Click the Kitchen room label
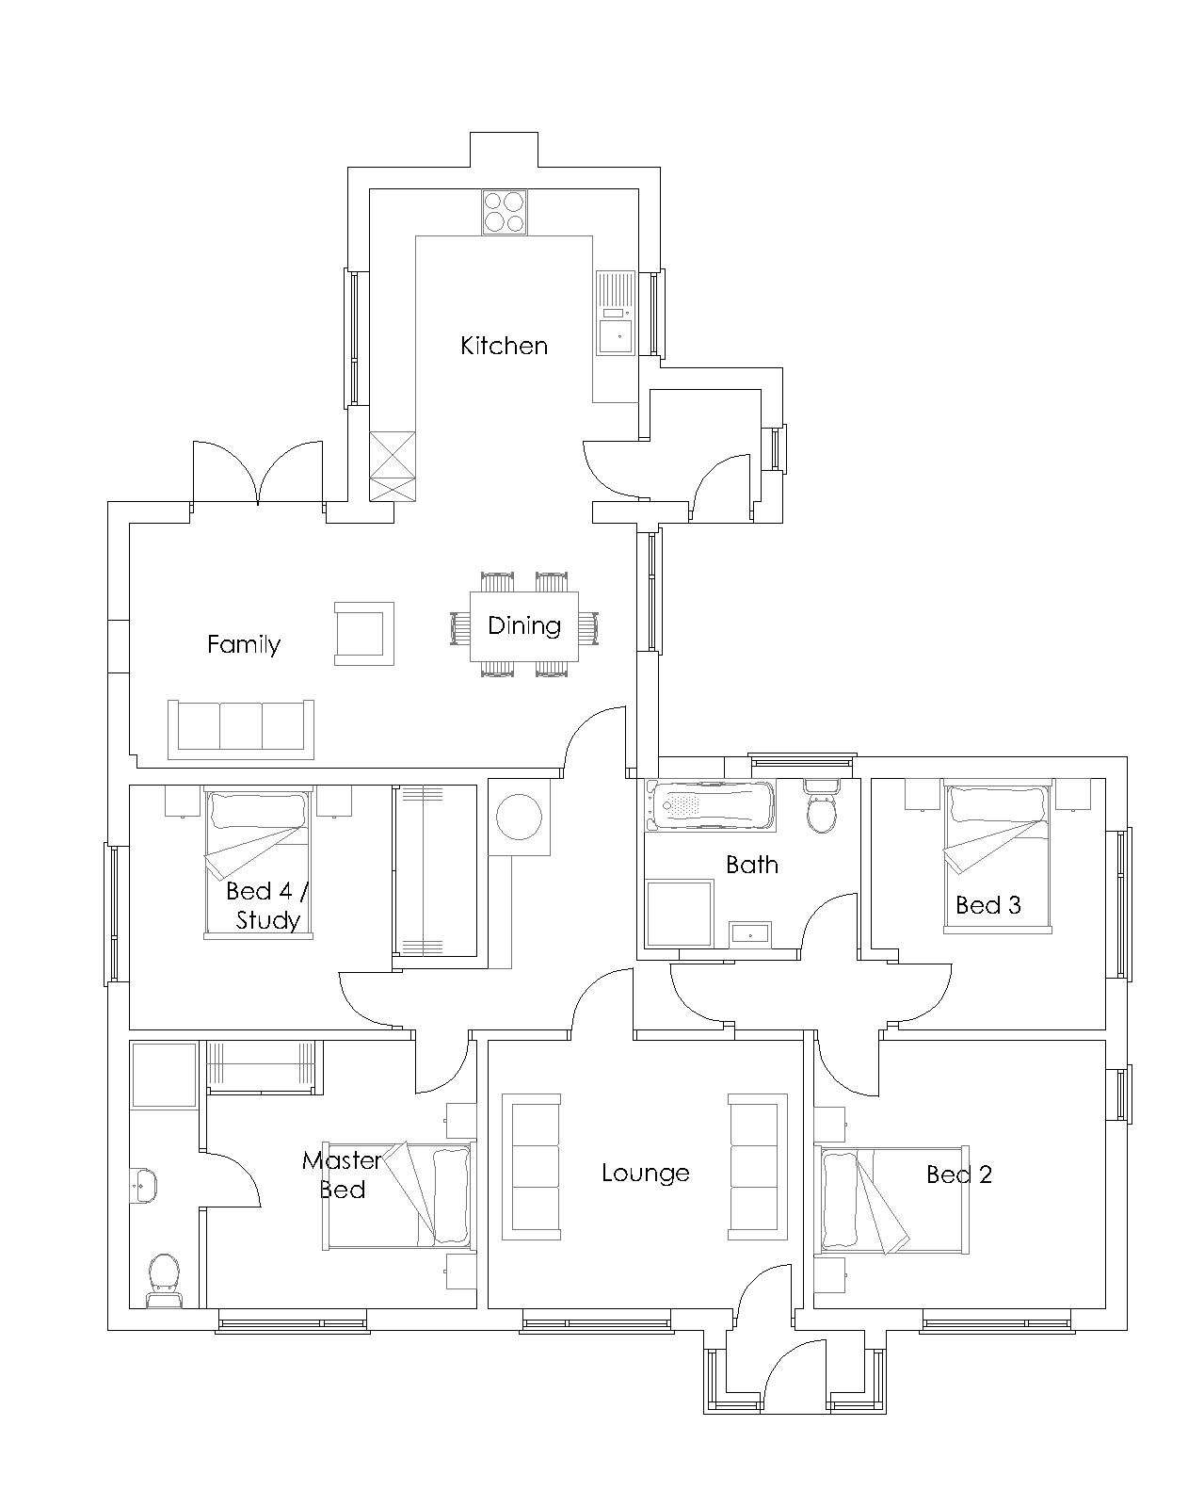pyautogui.click(x=504, y=346)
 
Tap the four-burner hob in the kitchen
pyautogui.click(x=504, y=212)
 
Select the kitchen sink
pyautogui.click(x=616, y=313)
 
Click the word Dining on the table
pyautogui.click(x=524, y=625)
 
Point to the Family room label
pyautogui.click(x=244, y=644)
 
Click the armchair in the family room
pyautogui.click(x=364, y=634)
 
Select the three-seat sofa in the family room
pyautogui.click(x=241, y=729)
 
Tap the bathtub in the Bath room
pyautogui.click(x=711, y=806)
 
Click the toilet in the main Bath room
pyautogui.click(x=822, y=807)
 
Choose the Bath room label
pyautogui.click(x=752, y=865)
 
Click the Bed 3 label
pyautogui.click(x=987, y=905)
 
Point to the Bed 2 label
pyautogui.click(x=959, y=1175)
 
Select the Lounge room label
pyautogui.click(x=646, y=1173)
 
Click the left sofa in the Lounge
pyautogui.click(x=531, y=1167)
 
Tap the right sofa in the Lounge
pyautogui.click(x=758, y=1167)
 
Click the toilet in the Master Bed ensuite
pyautogui.click(x=164, y=1281)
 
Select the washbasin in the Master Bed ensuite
pyautogui.click(x=143, y=1185)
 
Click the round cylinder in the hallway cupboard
pyautogui.click(x=519, y=817)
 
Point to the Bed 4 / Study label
pyautogui.click(x=267, y=905)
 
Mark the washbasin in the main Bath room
pyautogui.click(x=749, y=935)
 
